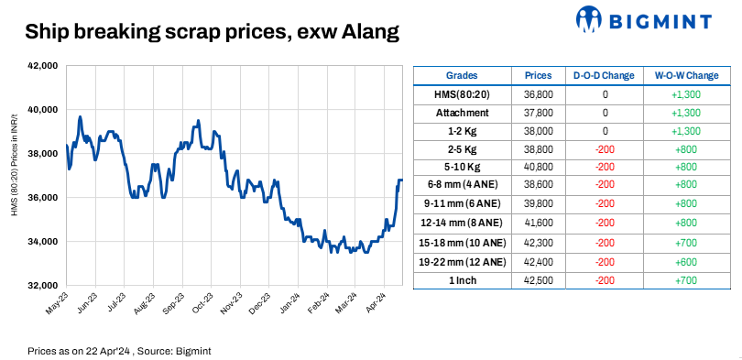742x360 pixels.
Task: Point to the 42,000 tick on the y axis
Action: [x=43, y=66]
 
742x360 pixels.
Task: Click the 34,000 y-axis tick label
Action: [x=43, y=242]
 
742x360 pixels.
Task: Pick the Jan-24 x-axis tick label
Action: [x=290, y=303]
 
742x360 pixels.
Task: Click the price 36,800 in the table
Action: [x=539, y=93]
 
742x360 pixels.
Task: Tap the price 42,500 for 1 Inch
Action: [x=539, y=279]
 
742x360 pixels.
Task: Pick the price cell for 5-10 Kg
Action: [x=539, y=167]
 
